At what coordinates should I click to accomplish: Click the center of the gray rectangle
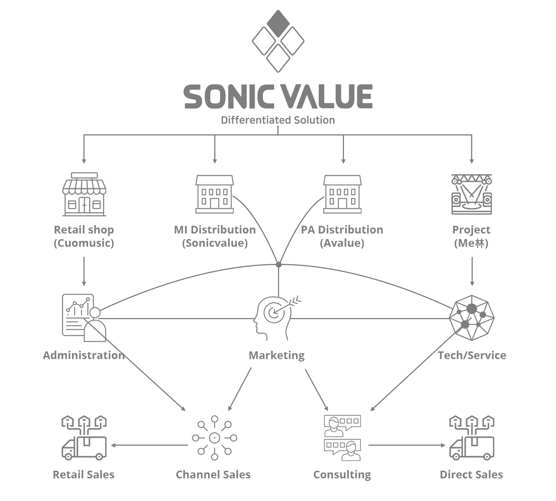coord(275,245)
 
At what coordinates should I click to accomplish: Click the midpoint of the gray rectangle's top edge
coord(275,10)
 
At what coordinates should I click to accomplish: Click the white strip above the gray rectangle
coord(275,4)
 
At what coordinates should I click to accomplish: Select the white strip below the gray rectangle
coord(275,491)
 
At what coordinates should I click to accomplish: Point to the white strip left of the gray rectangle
coord(21,245)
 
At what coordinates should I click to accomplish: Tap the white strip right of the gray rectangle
coord(531,245)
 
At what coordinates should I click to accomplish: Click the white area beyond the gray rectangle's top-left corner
coord(21,4)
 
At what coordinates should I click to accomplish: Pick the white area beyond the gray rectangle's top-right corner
coord(531,4)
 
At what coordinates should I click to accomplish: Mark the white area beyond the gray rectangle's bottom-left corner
coord(21,491)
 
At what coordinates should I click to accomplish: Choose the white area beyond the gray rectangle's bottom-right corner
coord(531,491)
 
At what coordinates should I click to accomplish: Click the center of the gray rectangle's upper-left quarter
coord(159,128)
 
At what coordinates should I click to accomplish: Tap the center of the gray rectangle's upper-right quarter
coord(390,128)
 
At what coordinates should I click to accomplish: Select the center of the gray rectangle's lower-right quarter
coord(390,363)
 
